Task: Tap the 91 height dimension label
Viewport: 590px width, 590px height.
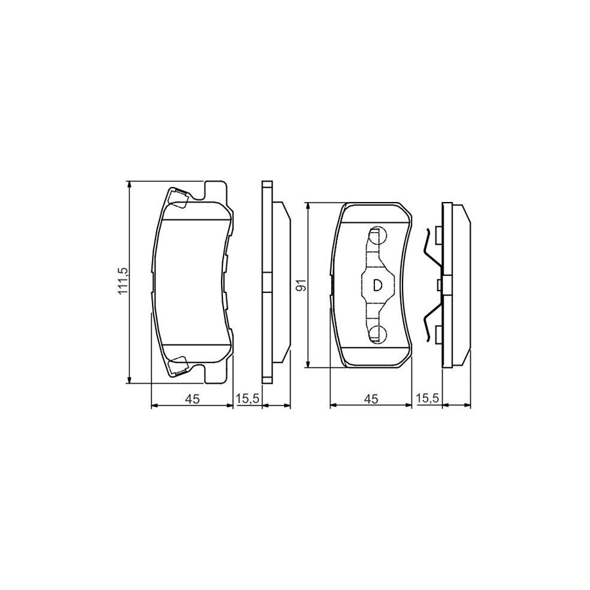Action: [x=301, y=285]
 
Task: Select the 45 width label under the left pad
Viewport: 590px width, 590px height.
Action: [x=191, y=399]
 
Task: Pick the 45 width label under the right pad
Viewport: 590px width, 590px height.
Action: [x=370, y=399]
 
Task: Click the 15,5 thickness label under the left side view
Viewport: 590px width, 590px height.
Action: [x=248, y=399]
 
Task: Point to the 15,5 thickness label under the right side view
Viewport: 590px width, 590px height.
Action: [x=427, y=399]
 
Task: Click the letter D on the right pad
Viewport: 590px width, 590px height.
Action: [x=377, y=285]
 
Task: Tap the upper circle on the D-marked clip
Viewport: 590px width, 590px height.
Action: [x=378, y=236]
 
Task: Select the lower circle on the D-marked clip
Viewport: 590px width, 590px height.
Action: [x=378, y=333]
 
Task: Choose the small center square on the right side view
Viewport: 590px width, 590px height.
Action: [x=438, y=285]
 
